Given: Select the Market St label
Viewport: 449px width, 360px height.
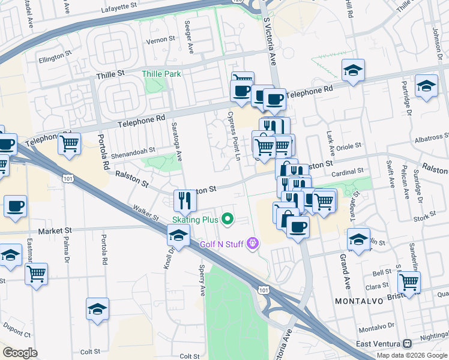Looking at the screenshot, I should (x=55, y=230).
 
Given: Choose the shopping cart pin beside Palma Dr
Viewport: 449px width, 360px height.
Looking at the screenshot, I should (x=37, y=274).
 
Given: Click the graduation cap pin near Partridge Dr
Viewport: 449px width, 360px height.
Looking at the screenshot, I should (x=426, y=87).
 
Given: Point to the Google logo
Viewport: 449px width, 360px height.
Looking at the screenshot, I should (x=20, y=353).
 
